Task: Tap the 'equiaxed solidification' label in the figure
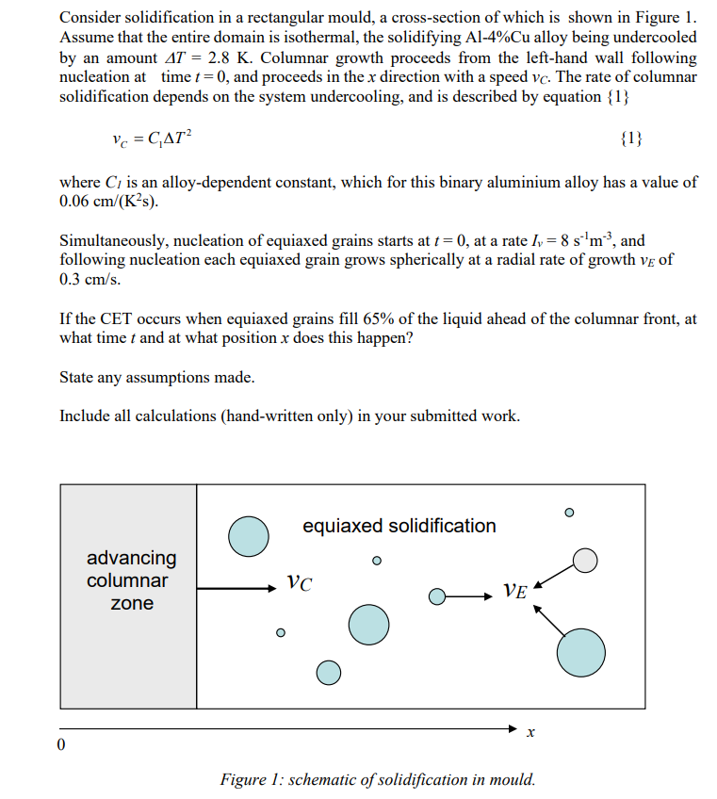pos(399,526)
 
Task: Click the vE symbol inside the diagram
pos(514,591)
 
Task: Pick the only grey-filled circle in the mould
pos(586,561)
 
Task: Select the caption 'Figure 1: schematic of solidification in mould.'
pos(377,779)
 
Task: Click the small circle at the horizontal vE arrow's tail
pos(436,596)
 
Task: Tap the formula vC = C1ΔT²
pos(152,139)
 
